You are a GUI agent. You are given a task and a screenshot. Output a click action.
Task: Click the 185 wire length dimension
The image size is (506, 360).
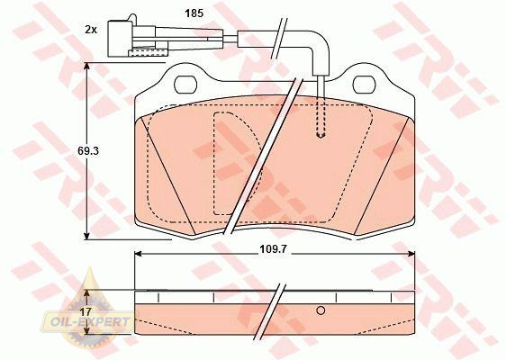click(194, 13)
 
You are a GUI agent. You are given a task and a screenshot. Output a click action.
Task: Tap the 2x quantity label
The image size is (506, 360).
click(91, 30)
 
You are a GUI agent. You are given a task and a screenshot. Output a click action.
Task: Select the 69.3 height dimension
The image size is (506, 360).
click(88, 150)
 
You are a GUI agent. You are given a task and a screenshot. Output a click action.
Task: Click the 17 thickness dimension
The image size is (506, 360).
click(86, 312)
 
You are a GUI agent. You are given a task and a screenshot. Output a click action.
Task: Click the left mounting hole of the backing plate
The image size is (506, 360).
click(185, 85)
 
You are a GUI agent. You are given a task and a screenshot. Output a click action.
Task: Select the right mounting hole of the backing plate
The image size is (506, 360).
click(365, 85)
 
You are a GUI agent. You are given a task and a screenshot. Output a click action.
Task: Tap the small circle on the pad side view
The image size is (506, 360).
click(321, 310)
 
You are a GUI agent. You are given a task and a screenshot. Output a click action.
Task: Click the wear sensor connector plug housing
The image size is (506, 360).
click(120, 39)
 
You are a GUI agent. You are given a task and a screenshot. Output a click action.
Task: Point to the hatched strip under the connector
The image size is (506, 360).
click(149, 53)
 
